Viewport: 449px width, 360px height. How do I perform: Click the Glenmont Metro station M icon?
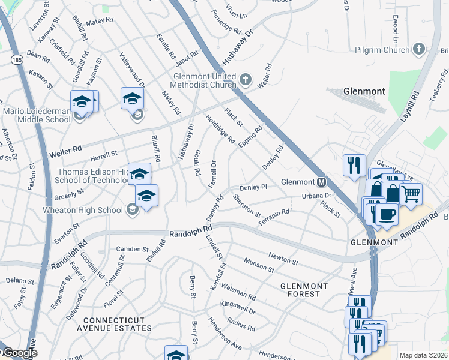click(321, 182)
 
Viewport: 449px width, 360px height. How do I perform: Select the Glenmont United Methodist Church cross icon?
click(245, 79)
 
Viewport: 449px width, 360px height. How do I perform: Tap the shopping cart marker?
click(411, 194)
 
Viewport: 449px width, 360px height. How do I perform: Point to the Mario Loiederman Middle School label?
click(35, 116)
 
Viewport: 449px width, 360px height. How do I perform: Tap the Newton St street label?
click(283, 258)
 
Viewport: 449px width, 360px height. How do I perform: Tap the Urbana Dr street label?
click(316, 196)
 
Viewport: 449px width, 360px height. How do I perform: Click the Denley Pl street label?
click(253, 188)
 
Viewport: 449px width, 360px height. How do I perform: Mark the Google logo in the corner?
click(20, 353)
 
